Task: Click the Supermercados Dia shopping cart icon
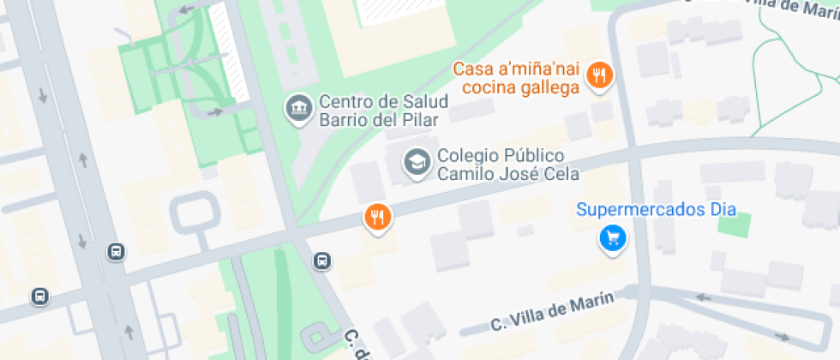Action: pos(612,237)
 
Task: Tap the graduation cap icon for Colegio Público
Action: pos(417,163)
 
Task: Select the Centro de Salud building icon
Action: pos(299,109)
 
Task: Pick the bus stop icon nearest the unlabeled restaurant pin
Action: pos(321,261)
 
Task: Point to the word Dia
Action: pos(723,209)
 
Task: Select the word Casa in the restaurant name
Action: pos(471,69)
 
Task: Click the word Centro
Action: pos(347,101)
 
